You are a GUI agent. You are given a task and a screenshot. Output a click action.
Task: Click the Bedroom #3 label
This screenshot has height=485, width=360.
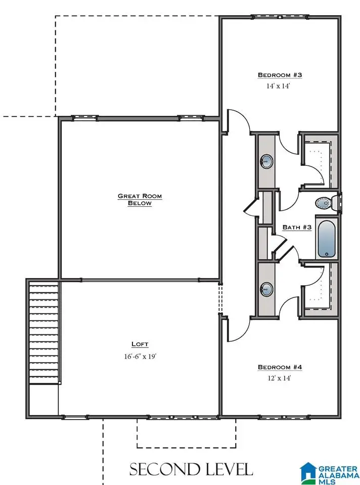pos(280,75)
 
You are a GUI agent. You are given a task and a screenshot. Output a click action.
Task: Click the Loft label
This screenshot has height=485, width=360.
pos(140,344)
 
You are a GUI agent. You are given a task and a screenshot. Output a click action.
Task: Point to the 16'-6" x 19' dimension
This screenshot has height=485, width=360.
pos(140,356)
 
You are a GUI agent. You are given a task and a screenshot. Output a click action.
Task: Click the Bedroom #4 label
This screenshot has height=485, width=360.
pos(280,367)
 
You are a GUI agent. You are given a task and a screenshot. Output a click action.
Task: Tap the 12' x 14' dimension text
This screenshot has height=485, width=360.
pos(280,378)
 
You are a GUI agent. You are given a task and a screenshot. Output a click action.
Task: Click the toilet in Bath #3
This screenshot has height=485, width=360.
pos(326,203)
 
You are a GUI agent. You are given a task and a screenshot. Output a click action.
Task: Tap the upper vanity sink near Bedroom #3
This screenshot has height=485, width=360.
pos(266,162)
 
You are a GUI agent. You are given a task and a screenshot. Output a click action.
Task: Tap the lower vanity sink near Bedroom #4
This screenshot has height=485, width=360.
pos(266,289)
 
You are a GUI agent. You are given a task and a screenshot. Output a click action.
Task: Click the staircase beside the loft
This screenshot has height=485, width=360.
pos(44,331)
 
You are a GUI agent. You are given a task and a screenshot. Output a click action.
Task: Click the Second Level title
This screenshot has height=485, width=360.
pos(191,469)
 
